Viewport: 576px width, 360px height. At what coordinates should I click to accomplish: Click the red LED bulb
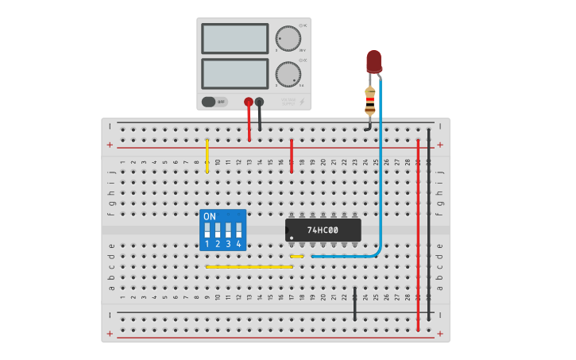[373, 61]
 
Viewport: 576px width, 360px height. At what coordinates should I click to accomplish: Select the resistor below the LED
[369, 99]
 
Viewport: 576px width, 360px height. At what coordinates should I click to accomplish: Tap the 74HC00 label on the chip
[323, 230]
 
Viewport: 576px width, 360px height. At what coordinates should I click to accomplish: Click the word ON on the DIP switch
[210, 216]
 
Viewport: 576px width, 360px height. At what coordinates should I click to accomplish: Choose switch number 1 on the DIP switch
[207, 231]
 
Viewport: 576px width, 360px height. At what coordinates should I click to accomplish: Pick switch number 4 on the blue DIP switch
[238, 231]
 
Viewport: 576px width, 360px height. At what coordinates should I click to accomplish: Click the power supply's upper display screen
[234, 38]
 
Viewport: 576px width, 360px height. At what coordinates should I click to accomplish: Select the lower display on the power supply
[234, 73]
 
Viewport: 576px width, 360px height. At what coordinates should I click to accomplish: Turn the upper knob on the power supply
[288, 38]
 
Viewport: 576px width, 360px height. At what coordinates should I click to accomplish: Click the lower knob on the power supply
[288, 74]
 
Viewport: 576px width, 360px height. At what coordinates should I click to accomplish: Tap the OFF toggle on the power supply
[214, 102]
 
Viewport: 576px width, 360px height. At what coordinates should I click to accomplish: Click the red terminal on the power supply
[249, 102]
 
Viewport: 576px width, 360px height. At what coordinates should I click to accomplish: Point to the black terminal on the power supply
[259, 102]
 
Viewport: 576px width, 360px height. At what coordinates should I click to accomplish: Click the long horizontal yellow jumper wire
[249, 266]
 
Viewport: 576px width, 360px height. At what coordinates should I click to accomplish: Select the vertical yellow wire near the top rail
[207, 156]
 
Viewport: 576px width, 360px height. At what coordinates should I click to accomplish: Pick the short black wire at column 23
[354, 304]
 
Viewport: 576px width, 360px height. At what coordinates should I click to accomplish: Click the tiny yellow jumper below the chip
[296, 256]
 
